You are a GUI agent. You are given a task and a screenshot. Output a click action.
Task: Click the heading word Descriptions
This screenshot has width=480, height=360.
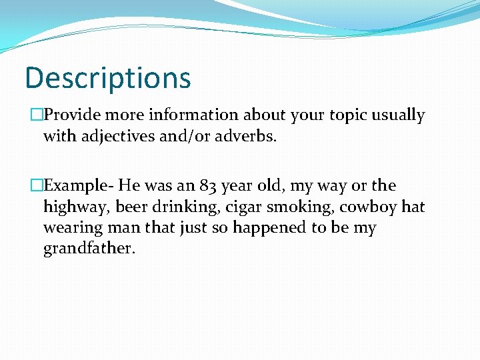(108, 77)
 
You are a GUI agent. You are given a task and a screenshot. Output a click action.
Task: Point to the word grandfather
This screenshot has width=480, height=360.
(89, 249)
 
